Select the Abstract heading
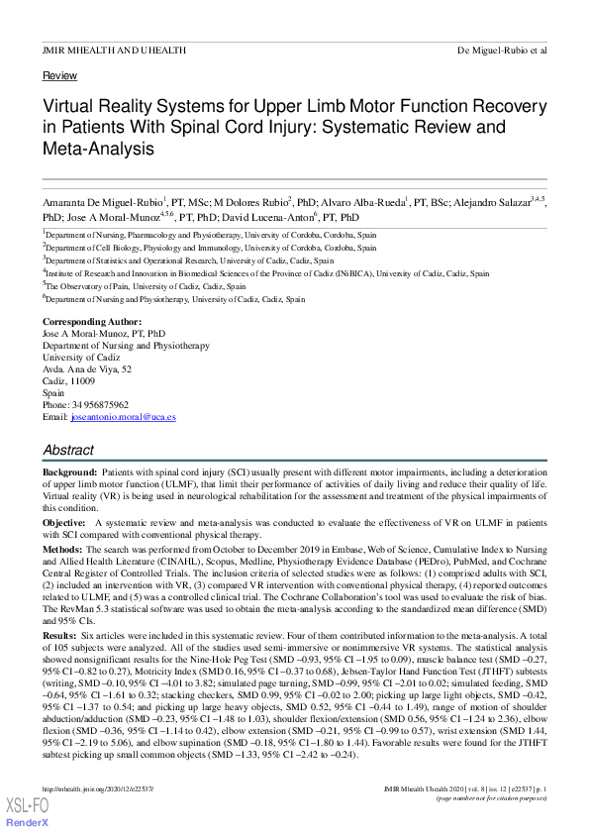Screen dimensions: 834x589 pyautogui.click(x=68, y=450)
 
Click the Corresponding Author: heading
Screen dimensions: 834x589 pyautogui.click(x=92, y=323)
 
